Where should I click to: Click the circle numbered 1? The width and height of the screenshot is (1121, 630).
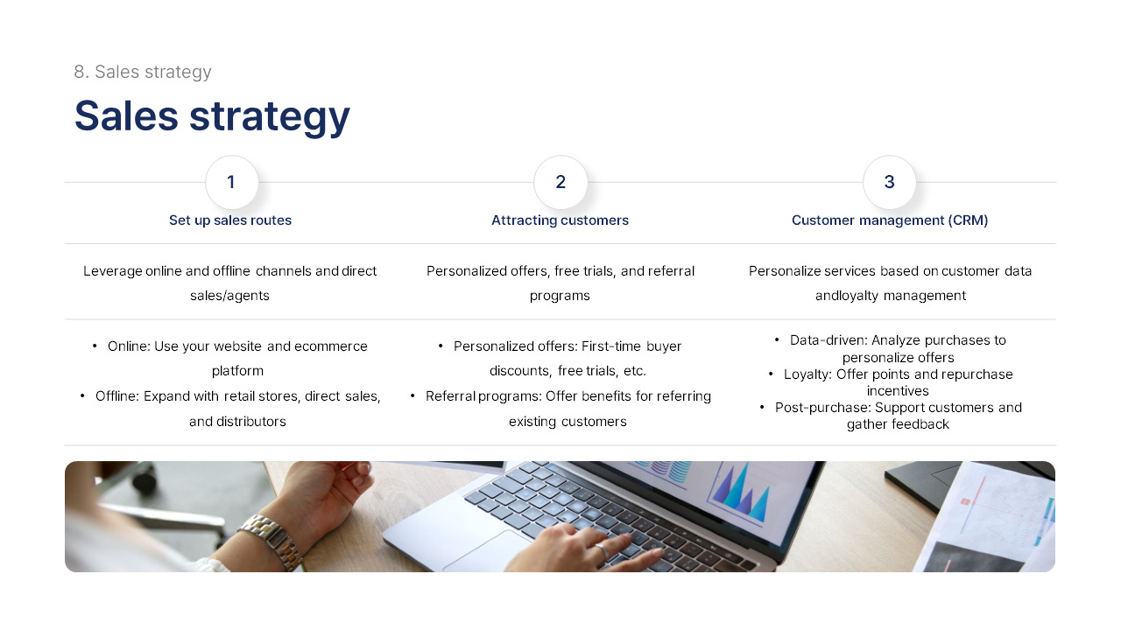pyautogui.click(x=231, y=182)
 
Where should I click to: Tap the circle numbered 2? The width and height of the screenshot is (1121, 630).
pyautogui.click(x=560, y=182)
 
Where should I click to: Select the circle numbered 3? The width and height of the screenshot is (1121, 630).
pyautogui.click(x=889, y=182)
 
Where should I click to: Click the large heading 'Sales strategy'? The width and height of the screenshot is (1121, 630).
pyautogui.click(x=212, y=115)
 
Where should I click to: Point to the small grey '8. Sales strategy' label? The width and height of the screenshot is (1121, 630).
pyautogui.click(x=143, y=72)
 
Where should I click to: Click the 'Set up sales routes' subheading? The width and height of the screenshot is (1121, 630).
pyautogui.click(x=230, y=220)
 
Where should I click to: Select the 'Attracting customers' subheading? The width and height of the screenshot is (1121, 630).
pyautogui.click(x=560, y=220)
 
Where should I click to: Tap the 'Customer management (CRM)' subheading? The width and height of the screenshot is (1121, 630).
pyautogui.click(x=890, y=220)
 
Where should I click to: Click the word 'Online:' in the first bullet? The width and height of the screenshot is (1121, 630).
pyautogui.click(x=129, y=346)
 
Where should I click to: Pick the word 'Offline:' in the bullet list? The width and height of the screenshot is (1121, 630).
pyautogui.click(x=117, y=396)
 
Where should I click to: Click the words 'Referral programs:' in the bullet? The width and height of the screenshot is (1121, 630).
pyautogui.click(x=483, y=396)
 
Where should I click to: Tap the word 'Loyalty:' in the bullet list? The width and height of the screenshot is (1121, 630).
pyautogui.click(x=807, y=374)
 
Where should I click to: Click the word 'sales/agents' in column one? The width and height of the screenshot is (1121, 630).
pyautogui.click(x=229, y=296)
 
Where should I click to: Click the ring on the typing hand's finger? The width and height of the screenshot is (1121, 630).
pyautogui.click(x=603, y=551)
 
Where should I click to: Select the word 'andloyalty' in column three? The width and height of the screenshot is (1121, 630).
pyautogui.click(x=847, y=296)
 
